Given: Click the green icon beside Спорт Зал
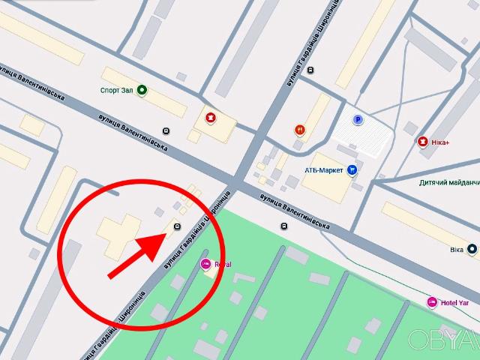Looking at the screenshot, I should pyautogui.click(x=142, y=91).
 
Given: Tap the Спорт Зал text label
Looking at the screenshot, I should pyautogui.click(x=116, y=91).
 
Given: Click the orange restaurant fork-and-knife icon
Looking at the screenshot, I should pyautogui.click(x=300, y=129).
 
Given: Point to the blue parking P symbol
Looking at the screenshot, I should pyautogui.click(x=358, y=119).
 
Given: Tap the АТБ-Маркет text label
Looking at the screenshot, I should pyautogui.click(x=323, y=170).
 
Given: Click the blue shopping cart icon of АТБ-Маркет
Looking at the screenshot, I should pyautogui.click(x=352, y=170).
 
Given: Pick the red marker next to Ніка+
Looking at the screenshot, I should pyautogui.click(x=424, y=141).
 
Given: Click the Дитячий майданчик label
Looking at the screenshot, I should pyautogui.click(x=448, y=182).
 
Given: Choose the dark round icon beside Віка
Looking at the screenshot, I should pyautogui.click(x=471, y=248).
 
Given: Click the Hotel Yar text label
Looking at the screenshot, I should pyautogui.click(x=455, y=302).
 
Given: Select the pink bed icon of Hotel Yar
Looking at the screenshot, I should pyautogui.click(x=431, y=302).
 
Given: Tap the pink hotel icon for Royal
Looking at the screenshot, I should pyautogui.click(x=205, y=264).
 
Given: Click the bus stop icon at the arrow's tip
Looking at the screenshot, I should pyautogui.click(x=177, y=226).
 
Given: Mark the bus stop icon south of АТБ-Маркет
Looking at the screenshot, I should pyautogui.click(x=283, y=226).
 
